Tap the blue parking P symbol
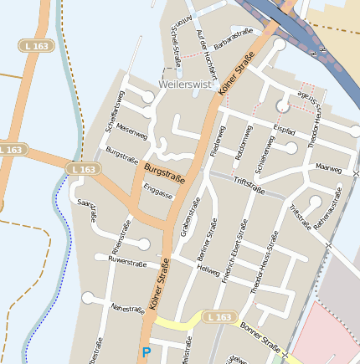(147, 353)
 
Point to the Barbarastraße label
(234, 37)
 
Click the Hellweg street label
(208, 271)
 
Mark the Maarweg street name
(329, 167)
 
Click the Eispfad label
(285, 131)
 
